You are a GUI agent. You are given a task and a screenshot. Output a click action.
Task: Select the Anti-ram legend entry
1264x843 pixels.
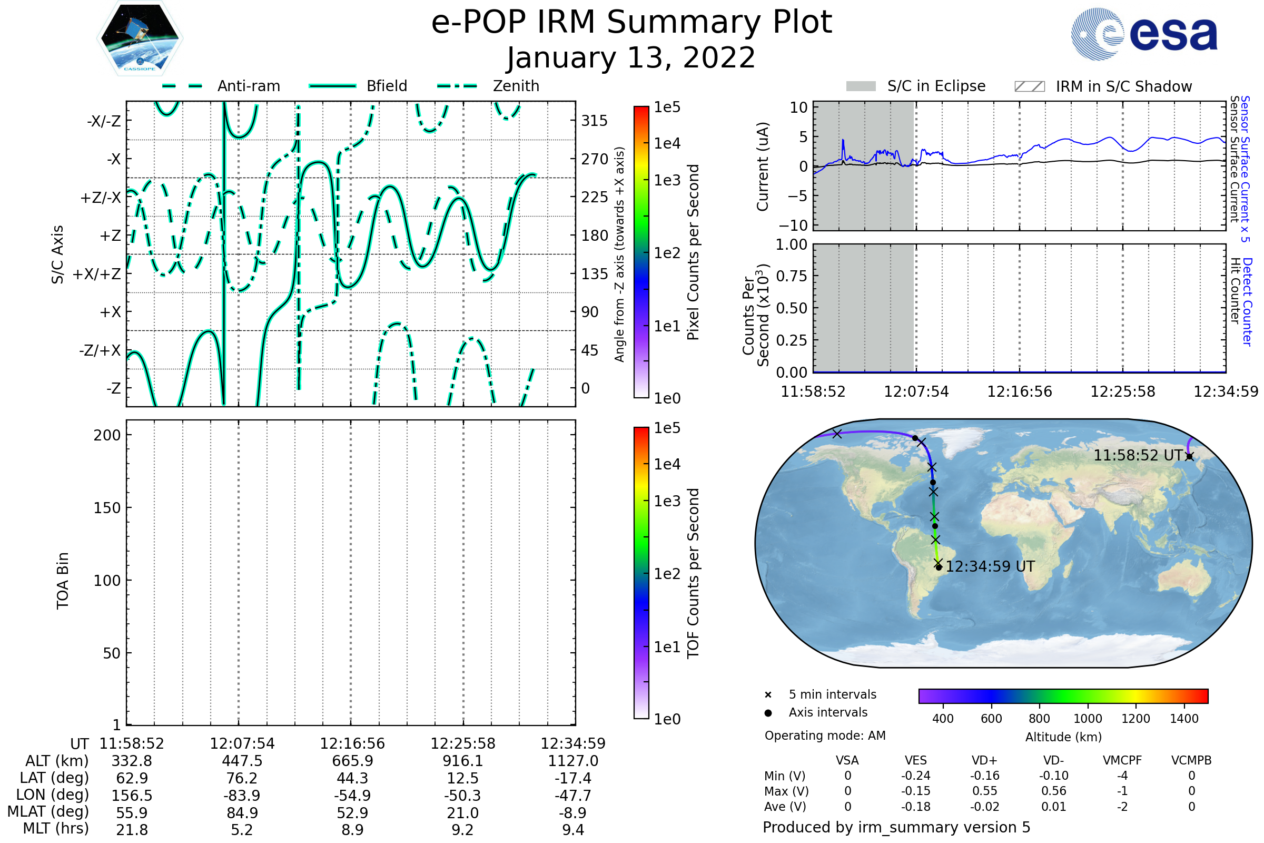(248, 86)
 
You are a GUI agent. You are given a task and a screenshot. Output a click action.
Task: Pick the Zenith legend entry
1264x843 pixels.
(516, 86)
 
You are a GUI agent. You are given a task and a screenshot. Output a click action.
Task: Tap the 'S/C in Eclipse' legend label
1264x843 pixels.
(936, 86)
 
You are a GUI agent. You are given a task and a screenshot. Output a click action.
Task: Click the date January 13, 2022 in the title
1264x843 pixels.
(631, 58)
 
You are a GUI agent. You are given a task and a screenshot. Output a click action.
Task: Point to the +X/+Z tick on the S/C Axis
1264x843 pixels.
(97, 274)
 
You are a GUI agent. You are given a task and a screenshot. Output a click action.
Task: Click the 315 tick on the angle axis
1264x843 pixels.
(594, 121)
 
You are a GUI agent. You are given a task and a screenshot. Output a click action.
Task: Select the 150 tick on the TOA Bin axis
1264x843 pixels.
(107, 508)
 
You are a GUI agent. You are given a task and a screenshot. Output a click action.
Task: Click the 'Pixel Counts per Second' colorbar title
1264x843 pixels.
(693, 252)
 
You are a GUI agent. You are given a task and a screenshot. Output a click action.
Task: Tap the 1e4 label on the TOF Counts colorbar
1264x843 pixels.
(667, 464)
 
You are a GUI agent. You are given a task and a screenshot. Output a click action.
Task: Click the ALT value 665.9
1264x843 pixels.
(352, 761)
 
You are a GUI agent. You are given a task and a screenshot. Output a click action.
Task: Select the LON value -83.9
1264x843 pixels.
(242, 795)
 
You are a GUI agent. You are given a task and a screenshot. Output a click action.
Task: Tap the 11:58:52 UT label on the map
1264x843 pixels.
(1138, 455)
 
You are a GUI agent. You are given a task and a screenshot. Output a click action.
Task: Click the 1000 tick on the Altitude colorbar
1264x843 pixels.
(1087, 719)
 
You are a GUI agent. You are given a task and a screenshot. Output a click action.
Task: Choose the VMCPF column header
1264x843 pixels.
(1122, 760)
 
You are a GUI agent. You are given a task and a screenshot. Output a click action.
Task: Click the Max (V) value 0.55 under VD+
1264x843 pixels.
(984, 791)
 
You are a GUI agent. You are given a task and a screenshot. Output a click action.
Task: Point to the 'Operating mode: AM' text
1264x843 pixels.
(825, 736)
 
